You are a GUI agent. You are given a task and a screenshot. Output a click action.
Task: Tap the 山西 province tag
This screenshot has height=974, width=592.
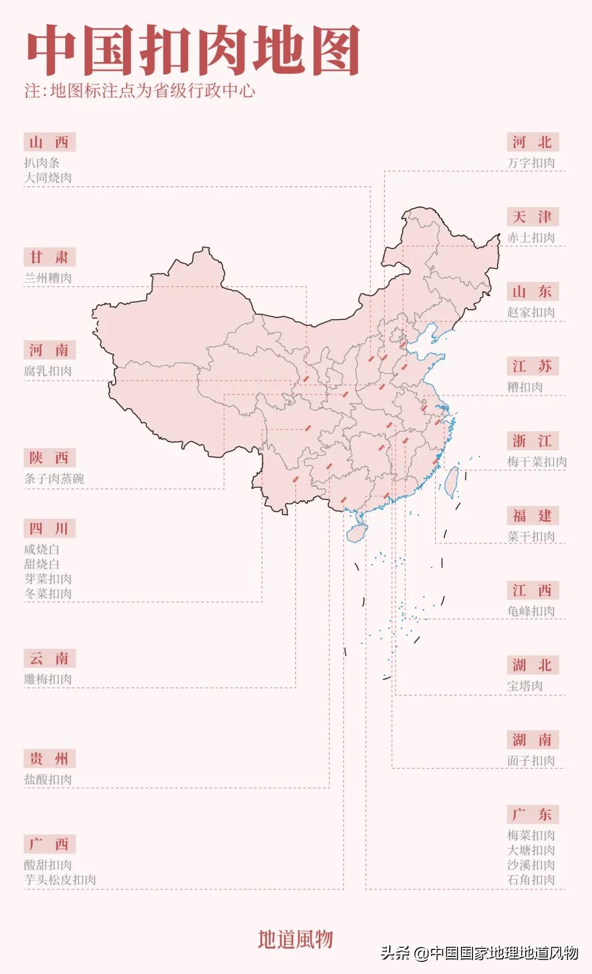[x=49, y=143]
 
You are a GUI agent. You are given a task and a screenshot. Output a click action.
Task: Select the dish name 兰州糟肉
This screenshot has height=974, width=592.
[x=48, y=278]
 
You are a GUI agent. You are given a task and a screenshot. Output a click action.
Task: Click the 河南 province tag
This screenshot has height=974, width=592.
[x=49, y=350]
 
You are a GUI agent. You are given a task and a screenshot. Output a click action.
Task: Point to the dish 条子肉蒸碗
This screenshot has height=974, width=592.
[x=54, y=479]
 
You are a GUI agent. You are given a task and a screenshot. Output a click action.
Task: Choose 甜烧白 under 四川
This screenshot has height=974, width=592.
[x=42, y=564]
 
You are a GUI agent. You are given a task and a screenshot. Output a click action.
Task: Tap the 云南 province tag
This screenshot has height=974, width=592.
[x=49, y=659]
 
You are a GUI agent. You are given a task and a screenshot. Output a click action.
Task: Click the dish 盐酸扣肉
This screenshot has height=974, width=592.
[x=48, y=779]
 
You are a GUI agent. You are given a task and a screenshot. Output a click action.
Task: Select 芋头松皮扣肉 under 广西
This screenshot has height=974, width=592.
[x=60, y=880]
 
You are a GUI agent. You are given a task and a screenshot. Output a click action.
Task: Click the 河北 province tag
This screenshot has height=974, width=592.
[x=532, y=143]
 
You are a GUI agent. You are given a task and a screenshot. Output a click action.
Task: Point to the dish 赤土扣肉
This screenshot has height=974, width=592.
[x=531, y=238]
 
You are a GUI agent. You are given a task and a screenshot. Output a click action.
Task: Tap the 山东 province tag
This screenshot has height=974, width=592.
[x=532, y=292]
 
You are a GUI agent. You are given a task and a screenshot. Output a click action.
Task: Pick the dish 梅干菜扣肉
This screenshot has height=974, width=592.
[x=537, y=462]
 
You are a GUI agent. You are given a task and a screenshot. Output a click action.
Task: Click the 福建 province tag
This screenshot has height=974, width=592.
[x=532, y=516]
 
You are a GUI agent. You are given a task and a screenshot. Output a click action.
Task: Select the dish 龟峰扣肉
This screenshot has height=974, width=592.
[x=531, y=611]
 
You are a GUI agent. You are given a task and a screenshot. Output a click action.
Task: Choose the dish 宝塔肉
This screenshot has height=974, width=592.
[x=525, y=686]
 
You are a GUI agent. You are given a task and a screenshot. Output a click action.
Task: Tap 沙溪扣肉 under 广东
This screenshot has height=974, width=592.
[x=531, y=865]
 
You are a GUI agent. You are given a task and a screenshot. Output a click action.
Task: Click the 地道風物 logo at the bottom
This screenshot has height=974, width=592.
[x=295, y=939]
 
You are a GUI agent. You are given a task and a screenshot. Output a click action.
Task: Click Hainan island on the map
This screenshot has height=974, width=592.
[x=357, y=533]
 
